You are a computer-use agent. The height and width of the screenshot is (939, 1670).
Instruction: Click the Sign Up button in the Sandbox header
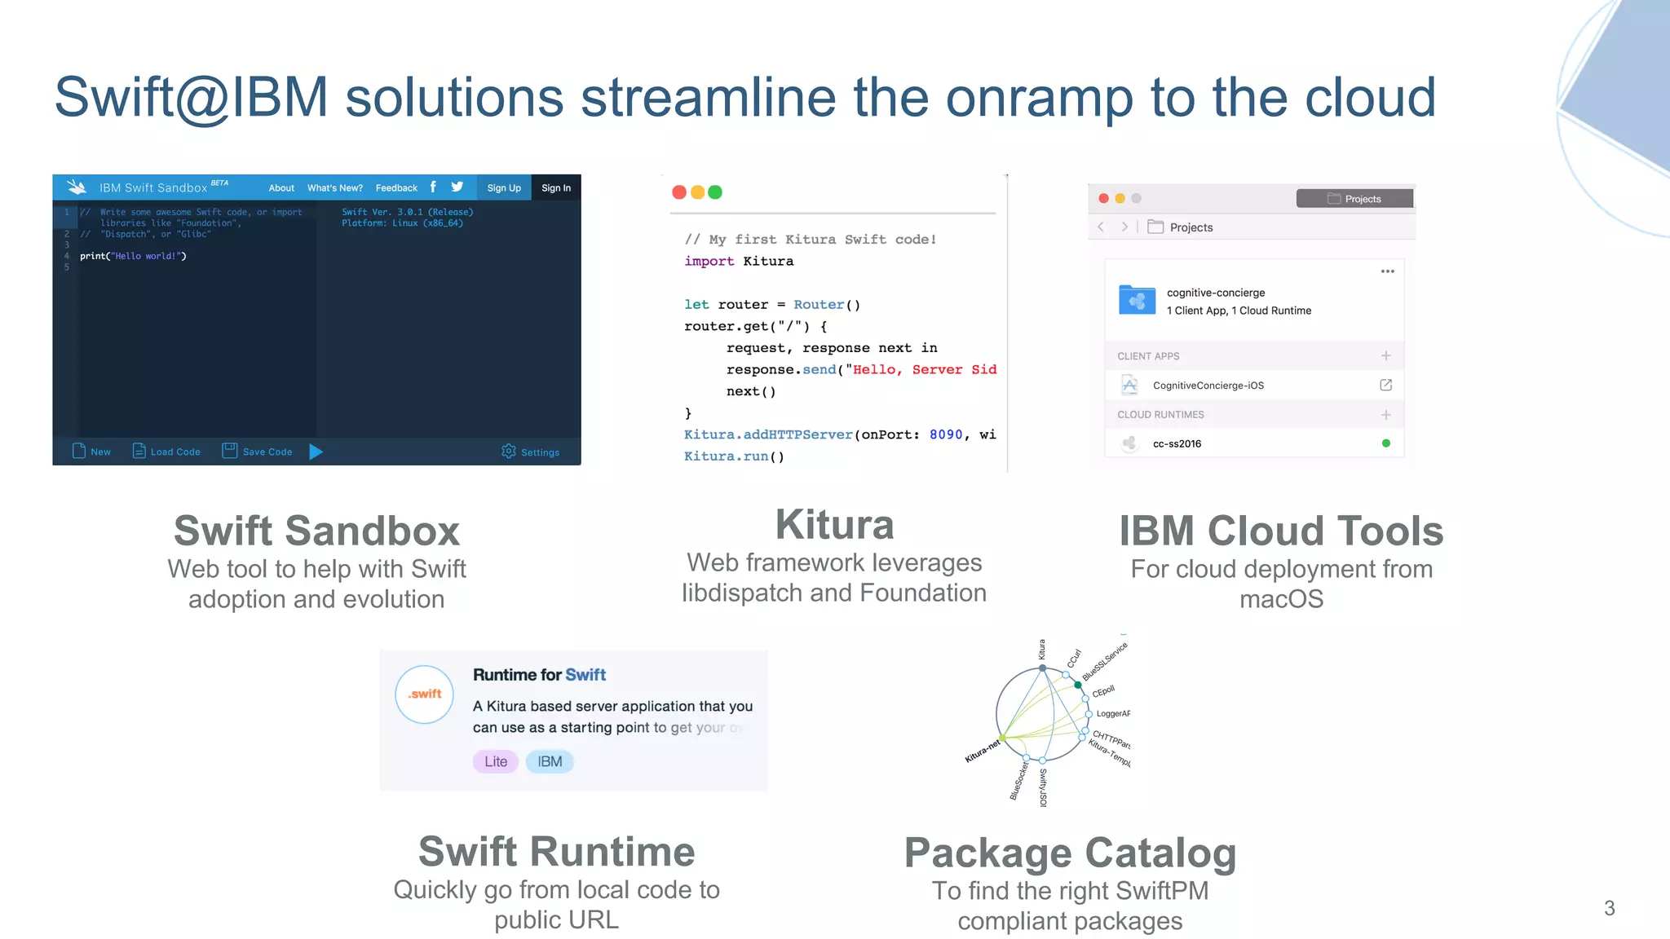coord(503,188)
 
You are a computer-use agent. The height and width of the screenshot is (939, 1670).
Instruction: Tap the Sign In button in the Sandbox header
coord(555,188)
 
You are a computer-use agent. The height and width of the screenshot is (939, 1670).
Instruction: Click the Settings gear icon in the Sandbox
coord(509,452)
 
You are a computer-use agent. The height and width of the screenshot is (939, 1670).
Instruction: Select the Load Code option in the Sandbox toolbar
coord(166,452)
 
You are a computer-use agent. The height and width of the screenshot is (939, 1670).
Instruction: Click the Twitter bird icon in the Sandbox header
coord(457,187)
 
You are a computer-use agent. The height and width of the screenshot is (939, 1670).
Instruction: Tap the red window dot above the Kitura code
coord(678,192)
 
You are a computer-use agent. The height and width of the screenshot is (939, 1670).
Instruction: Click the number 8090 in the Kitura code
coord(945,434)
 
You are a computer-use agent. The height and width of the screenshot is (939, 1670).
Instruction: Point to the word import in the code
coord(709,262)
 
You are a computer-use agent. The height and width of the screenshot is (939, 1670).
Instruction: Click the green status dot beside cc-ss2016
coord(1385,443)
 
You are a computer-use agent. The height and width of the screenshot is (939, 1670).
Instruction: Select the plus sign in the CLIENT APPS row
coord(1385,356)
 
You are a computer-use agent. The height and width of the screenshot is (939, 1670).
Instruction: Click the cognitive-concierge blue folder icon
coord(1137,300)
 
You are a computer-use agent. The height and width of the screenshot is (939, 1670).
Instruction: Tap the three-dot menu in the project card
coord(1387,271)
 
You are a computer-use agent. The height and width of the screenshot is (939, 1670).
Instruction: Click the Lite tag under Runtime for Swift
coord(495,761)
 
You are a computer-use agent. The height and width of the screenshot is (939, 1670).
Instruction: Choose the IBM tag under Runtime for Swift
coord(550,761)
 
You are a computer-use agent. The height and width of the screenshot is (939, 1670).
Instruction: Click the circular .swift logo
coord(424,694)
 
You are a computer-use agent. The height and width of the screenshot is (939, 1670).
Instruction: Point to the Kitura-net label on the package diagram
coord(982,752)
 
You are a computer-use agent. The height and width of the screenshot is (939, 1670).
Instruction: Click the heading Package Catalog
coord(1070,853)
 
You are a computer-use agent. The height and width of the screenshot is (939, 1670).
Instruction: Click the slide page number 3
coord(1609,908)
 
